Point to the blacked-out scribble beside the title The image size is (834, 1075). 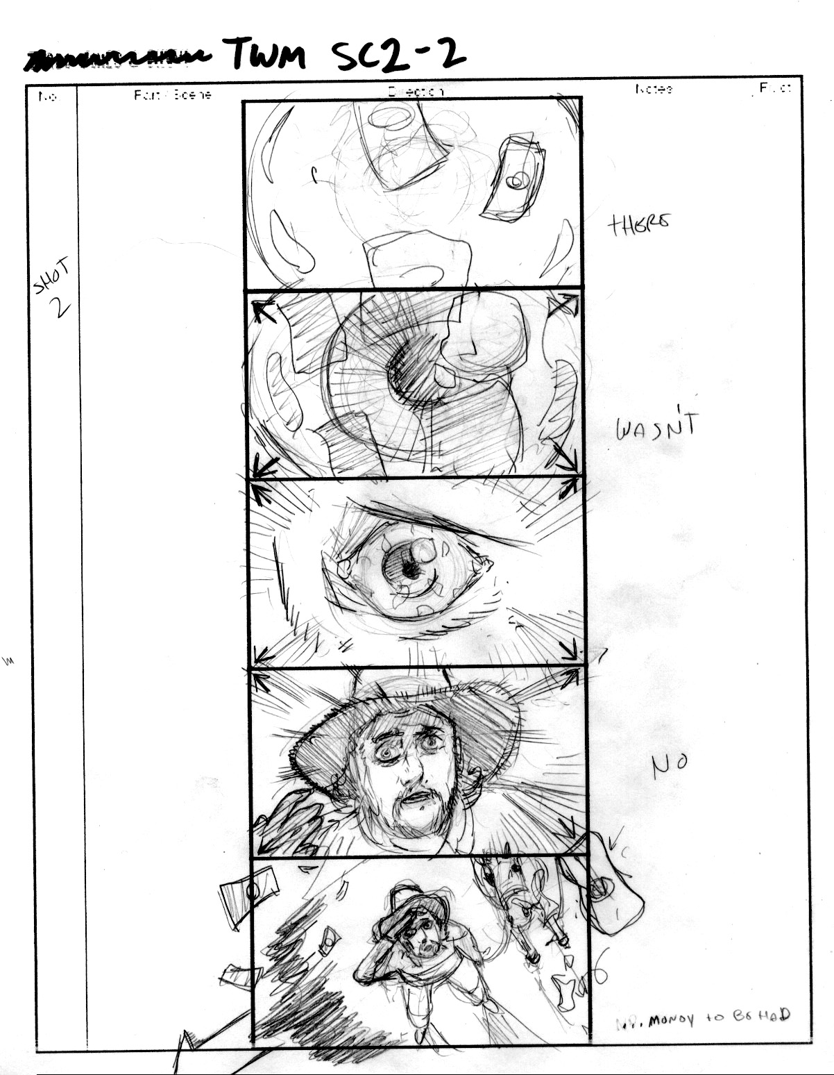[x=118, y=60]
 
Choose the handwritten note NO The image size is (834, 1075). [x=669, y=764]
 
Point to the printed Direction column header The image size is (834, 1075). [x=415, y=91]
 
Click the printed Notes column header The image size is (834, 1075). [x=653, y=89]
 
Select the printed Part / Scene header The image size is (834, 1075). [x=172, y=94]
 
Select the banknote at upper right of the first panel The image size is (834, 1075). [x=511, y=179]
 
